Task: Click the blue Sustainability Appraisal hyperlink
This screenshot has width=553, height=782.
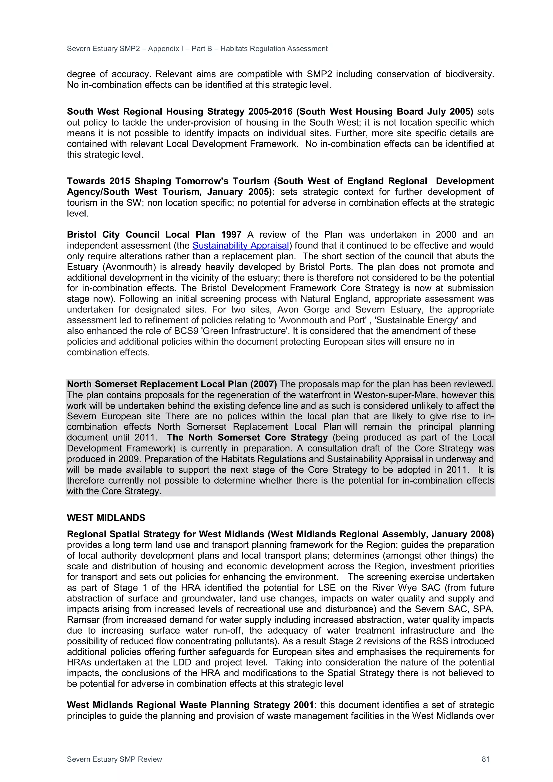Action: click(241, 246)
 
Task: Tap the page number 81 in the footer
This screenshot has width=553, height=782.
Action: click(485, 759)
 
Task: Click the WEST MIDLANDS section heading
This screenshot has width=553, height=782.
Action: click(106, 518)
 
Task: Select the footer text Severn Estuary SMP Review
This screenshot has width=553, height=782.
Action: click(114, 759)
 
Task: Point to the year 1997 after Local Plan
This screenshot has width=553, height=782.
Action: click(231, 235)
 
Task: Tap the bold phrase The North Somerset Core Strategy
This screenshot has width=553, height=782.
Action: click(247, 438)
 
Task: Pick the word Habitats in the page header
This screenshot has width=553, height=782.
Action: click(234, 49)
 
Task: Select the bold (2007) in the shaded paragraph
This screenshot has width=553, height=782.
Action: click(263, 384)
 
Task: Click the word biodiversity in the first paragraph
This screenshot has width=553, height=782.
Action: click(469, 74)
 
